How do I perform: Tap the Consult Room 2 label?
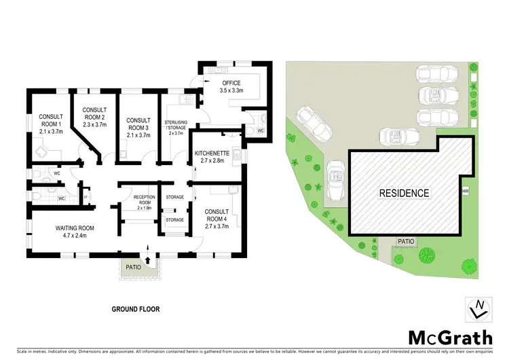tap(94, 113)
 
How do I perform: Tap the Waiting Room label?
tap(74, 228)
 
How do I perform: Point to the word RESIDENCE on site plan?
tap(404, 193)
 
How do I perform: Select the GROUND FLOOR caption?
tap(136, 308)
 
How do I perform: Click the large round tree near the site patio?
tap(427, 256)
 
